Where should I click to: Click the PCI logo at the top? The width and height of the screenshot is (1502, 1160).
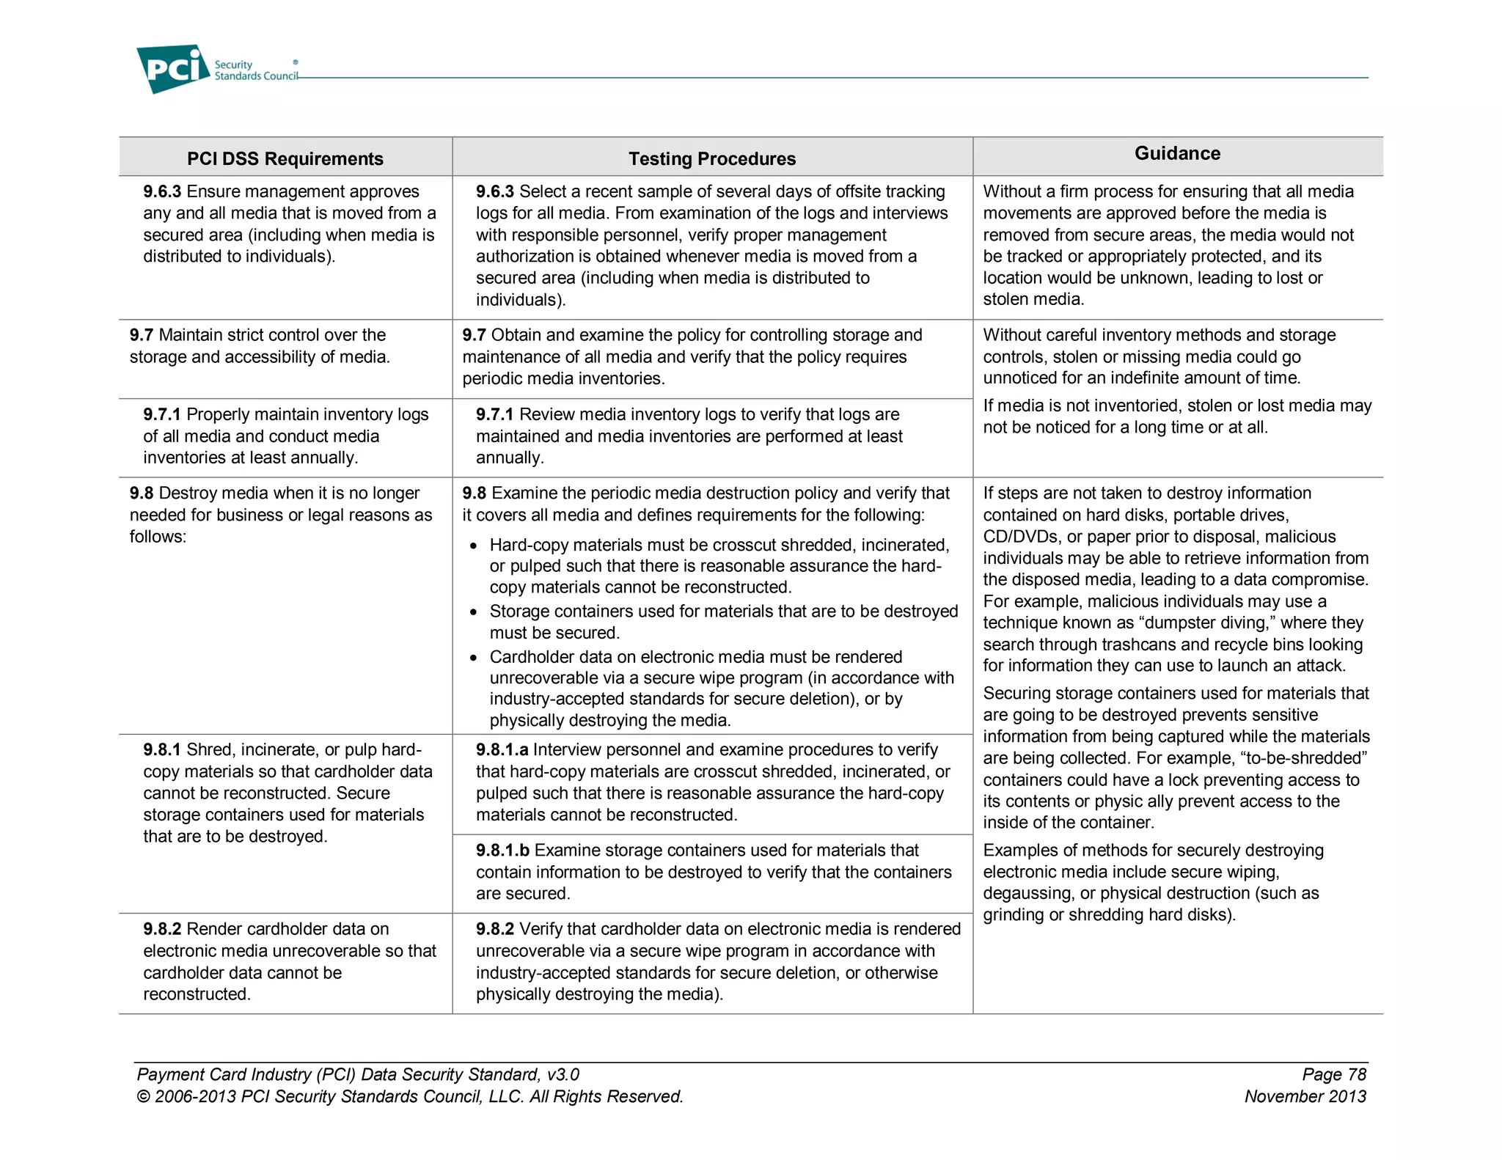pos(174,69)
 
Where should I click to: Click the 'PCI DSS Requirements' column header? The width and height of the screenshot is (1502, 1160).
pos(285,158)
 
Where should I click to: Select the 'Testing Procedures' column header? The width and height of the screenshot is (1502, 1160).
pos(711,158)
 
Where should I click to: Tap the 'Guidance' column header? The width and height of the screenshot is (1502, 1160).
pos(1177,153)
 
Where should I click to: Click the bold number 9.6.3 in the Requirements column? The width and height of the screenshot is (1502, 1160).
pos(162,191)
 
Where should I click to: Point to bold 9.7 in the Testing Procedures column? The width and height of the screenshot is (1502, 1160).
pos(474,335)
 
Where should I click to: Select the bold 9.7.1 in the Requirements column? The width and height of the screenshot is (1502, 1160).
pos(162,414)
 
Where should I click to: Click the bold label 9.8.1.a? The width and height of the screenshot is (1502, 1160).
pos(502,749)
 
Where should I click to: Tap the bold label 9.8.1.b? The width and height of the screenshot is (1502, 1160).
pos(502,850)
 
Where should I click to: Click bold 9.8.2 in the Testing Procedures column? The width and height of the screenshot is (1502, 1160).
pos(495,929)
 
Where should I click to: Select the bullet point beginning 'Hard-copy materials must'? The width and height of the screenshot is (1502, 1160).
pos(474,546)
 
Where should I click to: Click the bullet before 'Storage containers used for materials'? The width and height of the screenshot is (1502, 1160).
pos(474,612)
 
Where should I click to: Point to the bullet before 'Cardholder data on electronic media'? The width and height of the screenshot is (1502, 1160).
pos(474,658)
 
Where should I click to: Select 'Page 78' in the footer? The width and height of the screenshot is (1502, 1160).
pos(1333,1074)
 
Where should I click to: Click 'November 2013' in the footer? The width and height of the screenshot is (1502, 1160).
pos(1305,1096)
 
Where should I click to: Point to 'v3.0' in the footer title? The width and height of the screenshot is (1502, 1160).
pos(563,1074)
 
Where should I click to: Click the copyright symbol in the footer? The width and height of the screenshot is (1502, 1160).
pos(143,1097)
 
